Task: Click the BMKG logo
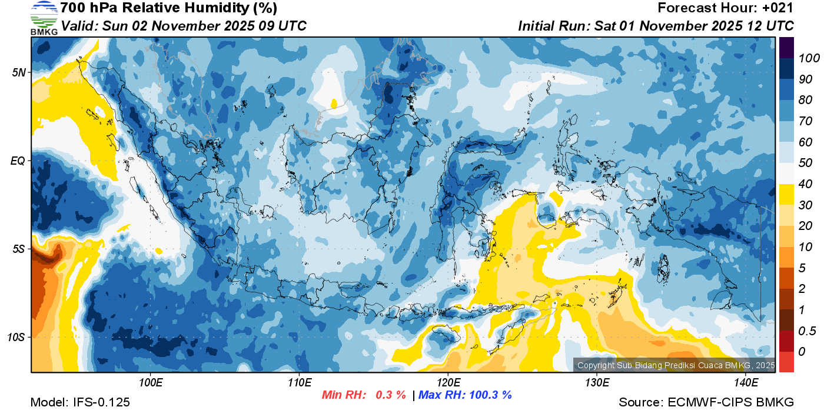tap(44, 18)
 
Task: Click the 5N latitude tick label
tap(19, 72)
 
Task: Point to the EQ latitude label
tap(19, 161)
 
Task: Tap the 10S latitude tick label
tap(17, 338)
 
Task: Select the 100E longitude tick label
tap(151, 383)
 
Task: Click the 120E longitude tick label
tap(448, 383)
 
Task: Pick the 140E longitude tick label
tap(746, 383)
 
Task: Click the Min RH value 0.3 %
tap(391, 395)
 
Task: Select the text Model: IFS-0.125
tap(80, 402)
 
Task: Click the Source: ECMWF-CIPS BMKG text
tap(706, 402)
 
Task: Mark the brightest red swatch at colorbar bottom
tap(786, 361)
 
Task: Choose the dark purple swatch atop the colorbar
tap(786, 47)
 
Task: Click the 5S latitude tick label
tap(19, 249)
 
